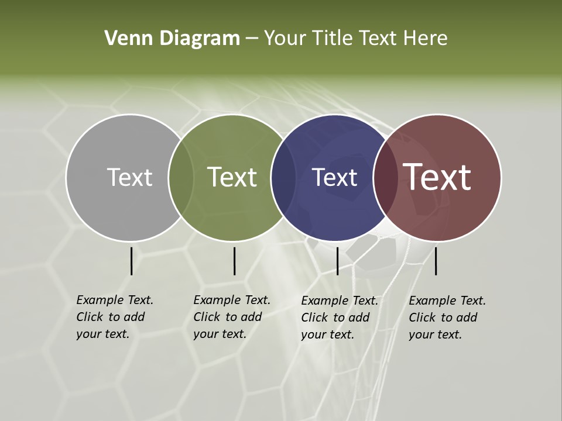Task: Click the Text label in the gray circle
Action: pyautogui.click(x=129, y=177)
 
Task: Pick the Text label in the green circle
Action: pyautogui.click(x=232, y=177)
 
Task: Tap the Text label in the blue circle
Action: pyautogui.click(x=334, y=177)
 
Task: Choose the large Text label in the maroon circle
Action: pyautogui.click(x=437, y=177)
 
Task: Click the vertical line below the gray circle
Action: pyautogui.click(x=131, y=261)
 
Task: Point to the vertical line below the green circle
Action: pyautogui.click(x=234, y=261)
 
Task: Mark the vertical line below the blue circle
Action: pyautogui.click(x=337, y=261)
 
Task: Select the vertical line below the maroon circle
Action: pyautogui.click(x=436, y=261)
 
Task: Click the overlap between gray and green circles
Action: pyautogui.click(x=181, y=177)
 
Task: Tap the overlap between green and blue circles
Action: pyautogui.click(x=284, y=177)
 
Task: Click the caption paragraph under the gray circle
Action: pyautogui.click(x=114, y=317)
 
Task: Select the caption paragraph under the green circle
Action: pyautogui.click(x=231, y=317)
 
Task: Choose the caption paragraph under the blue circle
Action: pyautogui.click(x=339, y=318)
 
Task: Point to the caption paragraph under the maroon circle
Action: pyautogui.click(x=447, y=318)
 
